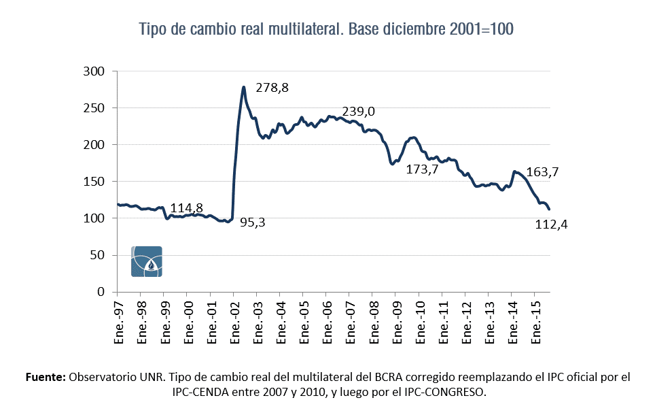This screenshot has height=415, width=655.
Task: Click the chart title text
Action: [327, 29]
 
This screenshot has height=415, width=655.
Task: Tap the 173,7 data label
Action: [423, 169]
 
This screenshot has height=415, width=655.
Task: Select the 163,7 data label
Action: [542, 173]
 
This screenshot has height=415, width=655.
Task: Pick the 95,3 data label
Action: [253, 222]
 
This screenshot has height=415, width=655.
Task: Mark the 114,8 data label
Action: [187, 208]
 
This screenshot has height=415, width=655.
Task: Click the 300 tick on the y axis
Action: [94, 71]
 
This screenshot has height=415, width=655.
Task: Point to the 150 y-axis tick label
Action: [94, 182]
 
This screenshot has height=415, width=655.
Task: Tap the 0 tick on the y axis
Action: [101, 292]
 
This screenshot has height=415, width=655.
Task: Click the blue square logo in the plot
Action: [146, 261]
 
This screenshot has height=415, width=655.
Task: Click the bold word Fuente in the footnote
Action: [45, 376]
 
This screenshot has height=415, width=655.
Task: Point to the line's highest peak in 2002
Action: [243, 87]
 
